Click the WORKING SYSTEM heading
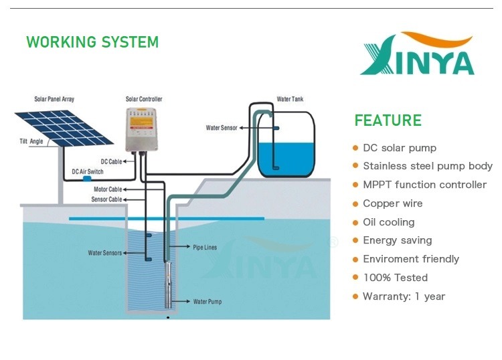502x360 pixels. [92, 42]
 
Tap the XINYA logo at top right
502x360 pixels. [417, 54]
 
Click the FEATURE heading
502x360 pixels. [388, 120]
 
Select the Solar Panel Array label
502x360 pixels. [54, 99]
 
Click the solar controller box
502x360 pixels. [141, 129]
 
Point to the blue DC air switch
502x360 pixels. [87, 179]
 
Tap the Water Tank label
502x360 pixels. [290, 99]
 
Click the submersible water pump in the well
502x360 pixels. [169, 284]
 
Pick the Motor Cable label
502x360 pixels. [108, 189]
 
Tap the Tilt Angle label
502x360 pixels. [31, 141]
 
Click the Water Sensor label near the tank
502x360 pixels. [222, 128]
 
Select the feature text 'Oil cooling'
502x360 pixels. [389, 222]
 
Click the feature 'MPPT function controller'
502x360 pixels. [424, 185]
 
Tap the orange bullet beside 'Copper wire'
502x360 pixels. [355, 204]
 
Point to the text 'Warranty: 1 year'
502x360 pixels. [404, 296]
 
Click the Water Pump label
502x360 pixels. [207, 301]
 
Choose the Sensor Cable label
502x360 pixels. [106, 199]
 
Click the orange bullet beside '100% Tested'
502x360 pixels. [355, 278]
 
